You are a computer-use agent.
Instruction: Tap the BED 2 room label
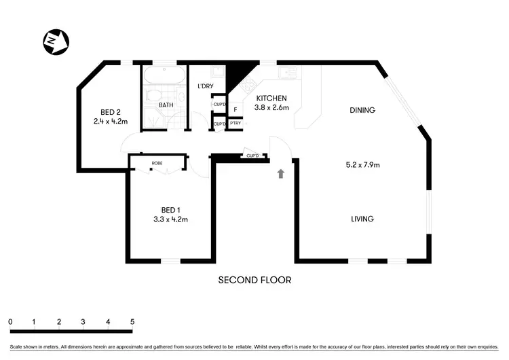pyautogui.click(x=111, y=112)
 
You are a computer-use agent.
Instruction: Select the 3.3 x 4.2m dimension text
pyautogui.click(x=170, y=219)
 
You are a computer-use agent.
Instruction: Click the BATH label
pyautogui.click(x=166, y=105)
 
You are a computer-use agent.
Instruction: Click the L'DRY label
pyautogui.click(x=206, y=87)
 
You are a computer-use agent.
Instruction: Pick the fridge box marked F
pyautogui.click(x=235, y=109)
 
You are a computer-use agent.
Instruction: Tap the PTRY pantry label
pyautogui.click(x=235, y=123)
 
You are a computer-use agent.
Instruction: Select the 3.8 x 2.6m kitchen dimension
pyautogui.click(x=271, y=107)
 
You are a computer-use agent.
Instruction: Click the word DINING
pyautogui.click(x=362, y=110)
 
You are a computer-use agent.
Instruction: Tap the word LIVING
pyautogui.click(x=362, y=219)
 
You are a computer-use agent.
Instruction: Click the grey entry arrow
pyautogui.click(x=280, y=174)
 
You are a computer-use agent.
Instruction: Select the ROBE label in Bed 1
pyautogui.click(x=157, y=164)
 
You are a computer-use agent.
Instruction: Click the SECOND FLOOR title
pyautogui.click(x=254, y=279)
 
